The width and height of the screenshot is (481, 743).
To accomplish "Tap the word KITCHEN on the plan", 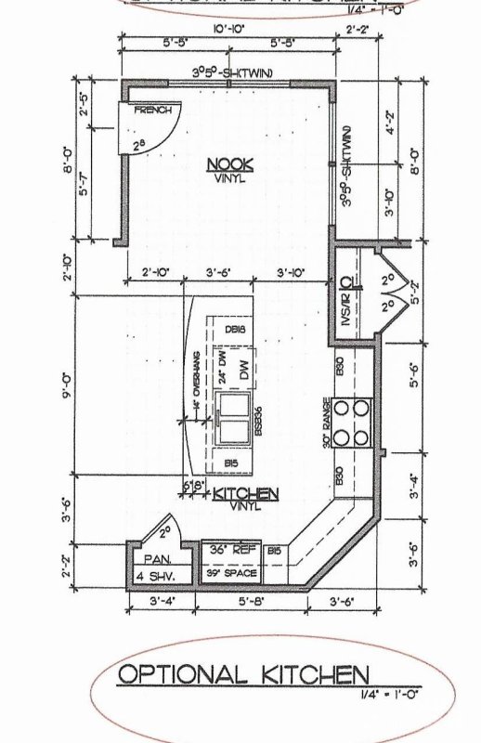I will point(246,495).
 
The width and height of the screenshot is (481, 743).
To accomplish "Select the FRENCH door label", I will point(154,111).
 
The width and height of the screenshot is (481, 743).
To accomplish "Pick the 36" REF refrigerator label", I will point(233,550).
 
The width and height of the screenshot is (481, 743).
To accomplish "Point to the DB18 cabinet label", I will point(235,329).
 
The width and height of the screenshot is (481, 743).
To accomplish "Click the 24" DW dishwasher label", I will point(222,364).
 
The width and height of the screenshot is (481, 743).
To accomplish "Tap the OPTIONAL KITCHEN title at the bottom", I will point(243,673).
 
